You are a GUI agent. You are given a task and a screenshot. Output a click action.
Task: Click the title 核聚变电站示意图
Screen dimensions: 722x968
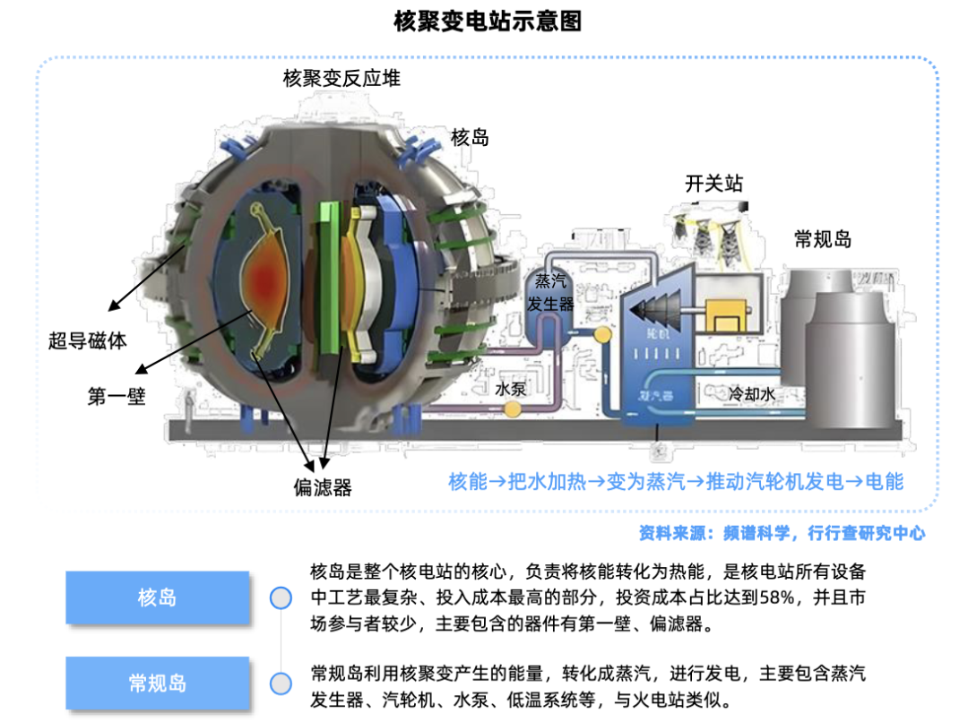click(x=488, y=21)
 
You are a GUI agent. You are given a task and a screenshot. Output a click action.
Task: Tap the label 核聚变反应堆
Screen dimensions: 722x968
click(x=341, y=79)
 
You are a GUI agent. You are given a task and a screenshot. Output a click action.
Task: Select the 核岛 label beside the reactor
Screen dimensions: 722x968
click(x=470, y=137)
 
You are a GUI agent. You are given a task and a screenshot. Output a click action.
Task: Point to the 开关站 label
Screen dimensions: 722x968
click(x=713, y=185)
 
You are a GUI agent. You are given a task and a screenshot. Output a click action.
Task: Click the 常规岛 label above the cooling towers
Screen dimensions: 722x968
click(x=823, y=239)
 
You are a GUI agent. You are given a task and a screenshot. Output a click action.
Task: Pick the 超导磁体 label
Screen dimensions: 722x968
click(x=88, y=340)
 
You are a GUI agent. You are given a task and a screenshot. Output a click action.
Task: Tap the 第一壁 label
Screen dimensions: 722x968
click(x=117, y=396)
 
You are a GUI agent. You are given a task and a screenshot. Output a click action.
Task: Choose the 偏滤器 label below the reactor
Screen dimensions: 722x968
click(x=323, y=487)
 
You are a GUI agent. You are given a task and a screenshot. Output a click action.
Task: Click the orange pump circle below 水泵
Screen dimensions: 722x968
click(x=513, y=409)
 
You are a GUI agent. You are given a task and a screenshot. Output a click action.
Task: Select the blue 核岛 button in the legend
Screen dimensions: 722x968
click(x=157, y=597)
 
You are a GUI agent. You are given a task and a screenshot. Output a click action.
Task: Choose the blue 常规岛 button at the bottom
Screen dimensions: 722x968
click(x=157, y=683)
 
